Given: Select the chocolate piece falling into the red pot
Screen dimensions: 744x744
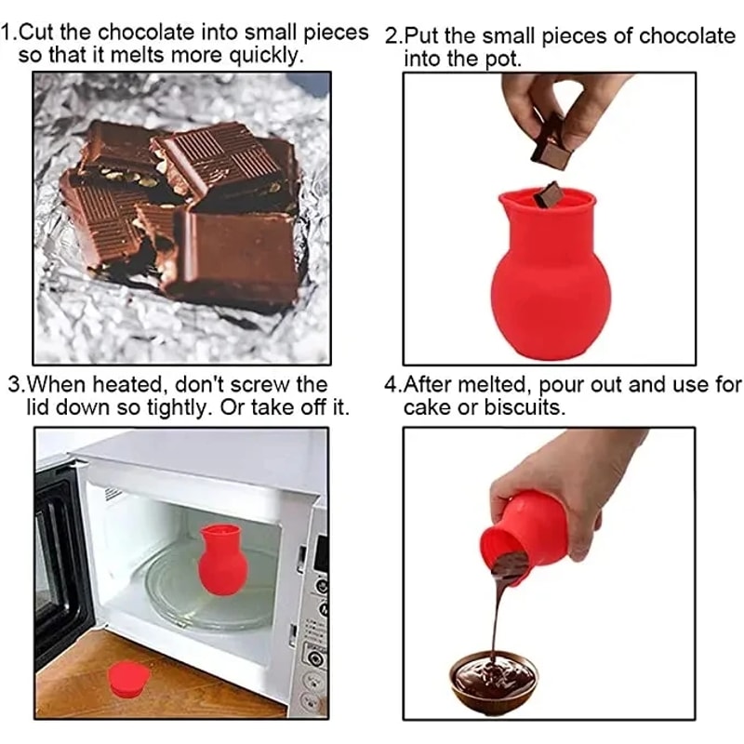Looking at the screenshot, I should point(551,194).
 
